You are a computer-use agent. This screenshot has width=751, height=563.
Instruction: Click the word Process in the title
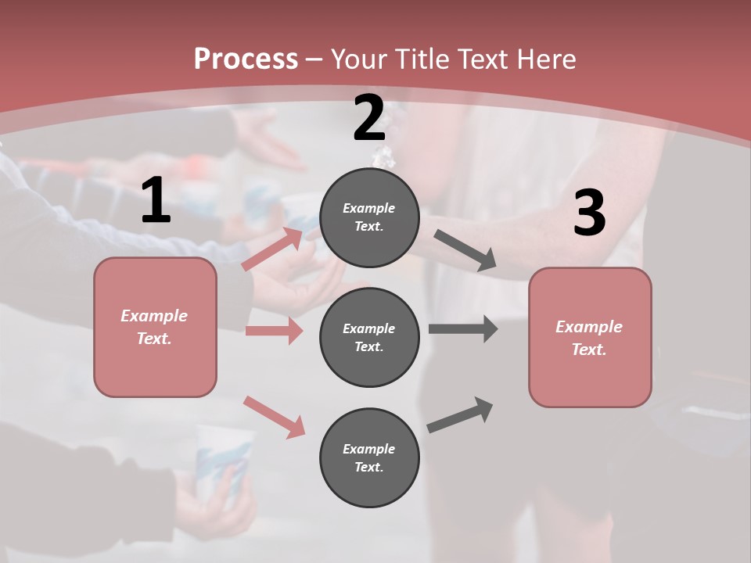click(246, 59)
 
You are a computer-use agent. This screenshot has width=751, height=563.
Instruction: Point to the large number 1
click(156, 201)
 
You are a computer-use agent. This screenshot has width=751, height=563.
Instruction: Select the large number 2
click(369, 119)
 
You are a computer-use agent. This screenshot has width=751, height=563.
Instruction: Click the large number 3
click(589, 213)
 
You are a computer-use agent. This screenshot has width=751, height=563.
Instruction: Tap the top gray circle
click(369, 217)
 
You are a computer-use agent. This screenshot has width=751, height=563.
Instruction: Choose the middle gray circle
click(369, 337)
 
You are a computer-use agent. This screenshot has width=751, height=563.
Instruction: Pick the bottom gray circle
click(369, 457)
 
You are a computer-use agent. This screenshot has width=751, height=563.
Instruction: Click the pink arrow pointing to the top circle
click(272, 249)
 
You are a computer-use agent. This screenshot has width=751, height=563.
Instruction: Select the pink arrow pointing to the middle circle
click(274, 331)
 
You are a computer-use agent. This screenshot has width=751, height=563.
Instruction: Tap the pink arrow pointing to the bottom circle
click(274, 416)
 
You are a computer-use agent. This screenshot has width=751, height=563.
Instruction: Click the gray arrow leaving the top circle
click(465, 250)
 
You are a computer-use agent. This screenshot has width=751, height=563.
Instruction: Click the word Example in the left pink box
click(154, 316)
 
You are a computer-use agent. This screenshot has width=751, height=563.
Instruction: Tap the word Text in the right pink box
click(588, 350)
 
